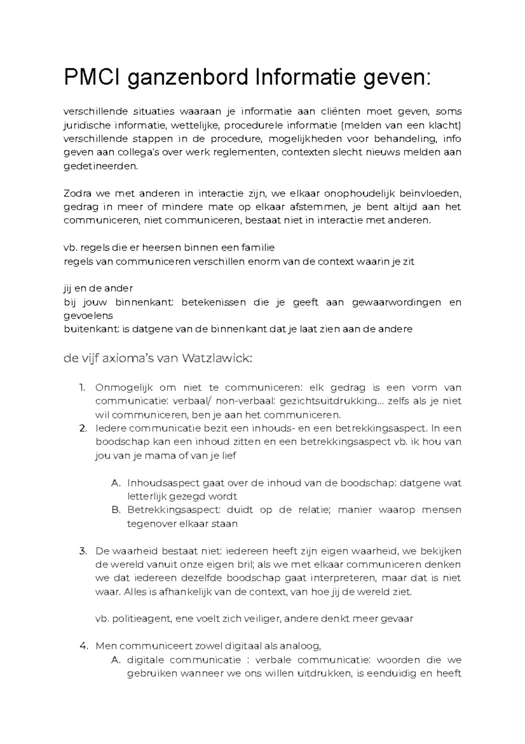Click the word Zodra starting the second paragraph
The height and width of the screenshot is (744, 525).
[x=77, y=193]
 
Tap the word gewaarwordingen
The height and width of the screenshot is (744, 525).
[x=396, y=302]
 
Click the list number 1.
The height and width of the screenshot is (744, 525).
[x=82, y=388]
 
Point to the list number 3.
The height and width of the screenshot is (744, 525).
[x=83, y=551]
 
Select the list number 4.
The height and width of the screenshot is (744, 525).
[x=83, y=646]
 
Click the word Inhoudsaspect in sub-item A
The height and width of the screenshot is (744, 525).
[x=163, y=483]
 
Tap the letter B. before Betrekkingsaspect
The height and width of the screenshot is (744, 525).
[x=116, y=510]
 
